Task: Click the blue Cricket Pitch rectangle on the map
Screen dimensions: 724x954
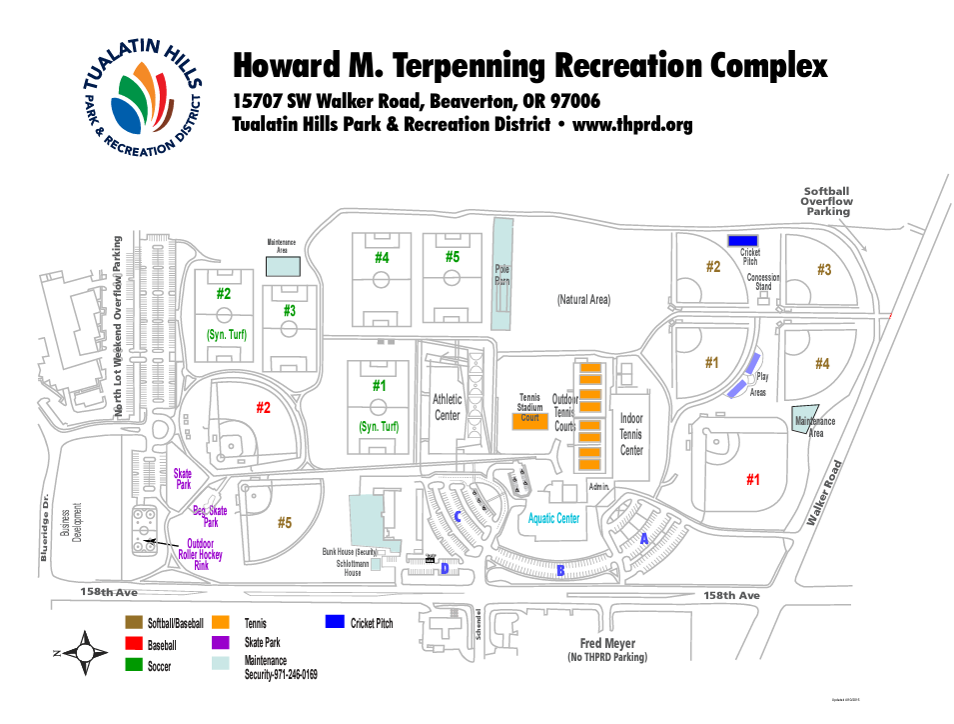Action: [741, 240]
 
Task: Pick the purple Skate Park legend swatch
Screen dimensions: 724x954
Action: [221, 642]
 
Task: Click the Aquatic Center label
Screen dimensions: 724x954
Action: [553, 519]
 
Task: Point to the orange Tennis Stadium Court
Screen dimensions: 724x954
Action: [530, 421]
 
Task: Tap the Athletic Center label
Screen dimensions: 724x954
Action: [447, 407]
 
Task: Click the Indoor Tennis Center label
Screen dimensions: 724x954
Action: [631, 434]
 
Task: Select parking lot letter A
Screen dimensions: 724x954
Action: [644, 538]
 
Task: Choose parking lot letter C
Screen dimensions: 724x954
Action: [458, 517]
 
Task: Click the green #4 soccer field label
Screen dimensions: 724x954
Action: [382, 257]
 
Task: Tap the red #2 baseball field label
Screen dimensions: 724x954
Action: [263, 408]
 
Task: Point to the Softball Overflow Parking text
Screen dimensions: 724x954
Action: [828, 201]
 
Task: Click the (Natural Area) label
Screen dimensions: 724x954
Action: [583, 299]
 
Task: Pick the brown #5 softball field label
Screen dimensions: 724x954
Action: [285, 523]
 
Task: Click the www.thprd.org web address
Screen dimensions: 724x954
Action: [631, 125]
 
